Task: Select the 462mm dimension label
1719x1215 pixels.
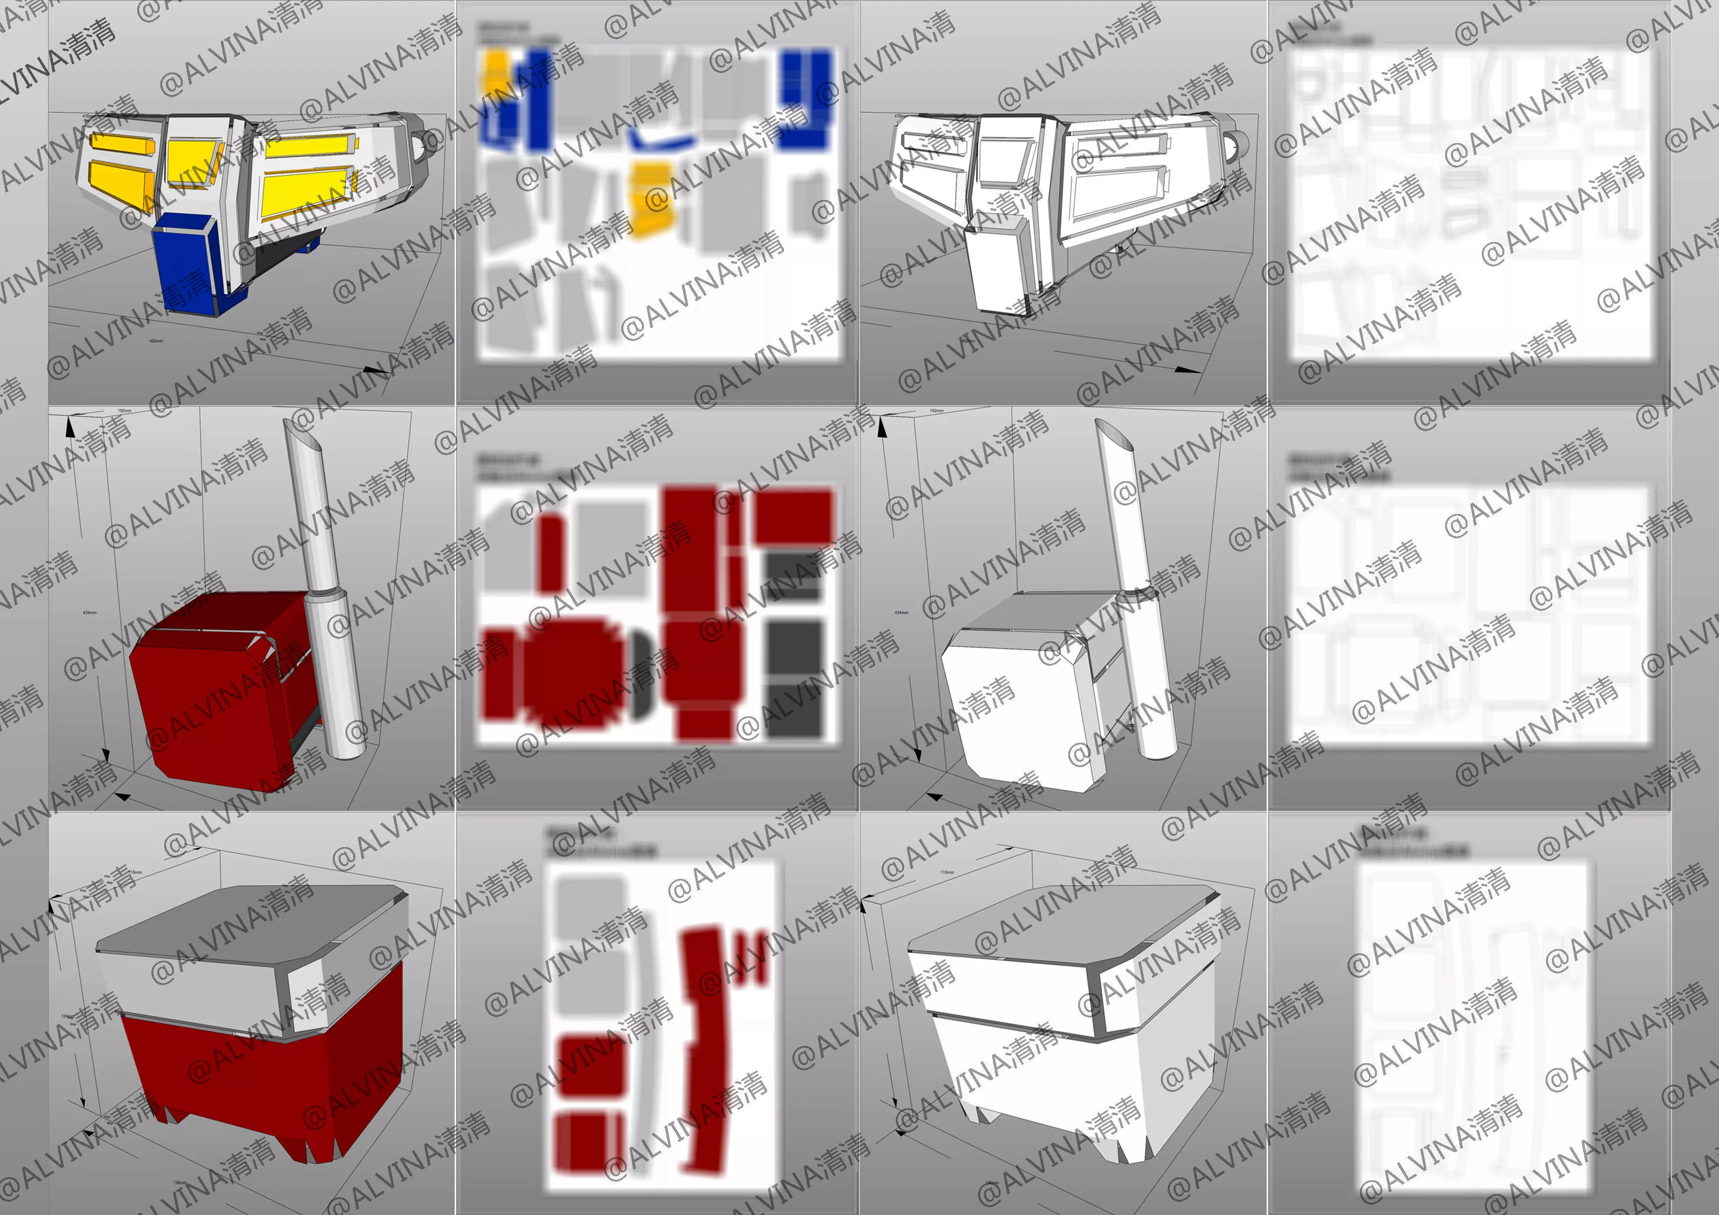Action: coord(156,340)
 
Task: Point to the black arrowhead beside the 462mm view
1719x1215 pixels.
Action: coord(374,370)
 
